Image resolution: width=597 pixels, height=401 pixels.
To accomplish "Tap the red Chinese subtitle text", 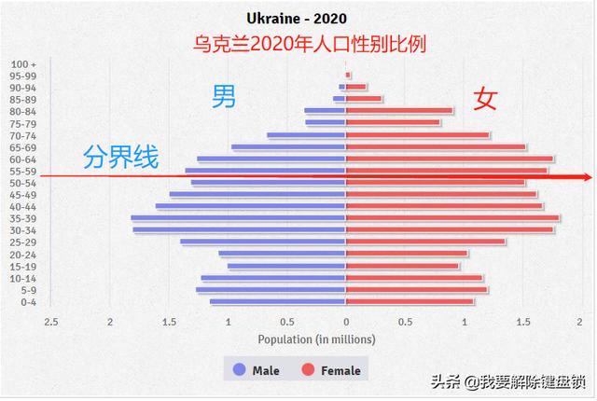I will point(298,44).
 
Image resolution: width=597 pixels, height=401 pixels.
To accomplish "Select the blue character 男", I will point(224,96).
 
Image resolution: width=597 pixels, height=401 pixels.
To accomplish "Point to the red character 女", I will point(485,99).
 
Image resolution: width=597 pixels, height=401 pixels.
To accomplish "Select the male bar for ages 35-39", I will point(238,218).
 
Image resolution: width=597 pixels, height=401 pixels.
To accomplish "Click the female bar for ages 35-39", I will point(452,218).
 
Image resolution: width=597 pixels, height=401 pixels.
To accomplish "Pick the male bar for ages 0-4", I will point(278,301).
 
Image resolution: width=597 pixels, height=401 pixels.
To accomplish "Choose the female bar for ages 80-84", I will point(399,111).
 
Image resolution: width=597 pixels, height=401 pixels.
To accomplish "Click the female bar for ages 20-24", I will point(407,254).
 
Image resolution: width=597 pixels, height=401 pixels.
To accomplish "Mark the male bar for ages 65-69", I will point(288,147).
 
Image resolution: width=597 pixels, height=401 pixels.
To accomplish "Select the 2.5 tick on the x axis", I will point(51,322).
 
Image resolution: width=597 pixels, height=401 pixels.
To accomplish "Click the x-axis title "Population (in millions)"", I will point(317,339).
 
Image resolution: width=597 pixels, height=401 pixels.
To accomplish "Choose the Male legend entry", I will point(256,370).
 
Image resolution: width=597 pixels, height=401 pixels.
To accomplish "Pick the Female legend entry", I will point(330,370).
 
